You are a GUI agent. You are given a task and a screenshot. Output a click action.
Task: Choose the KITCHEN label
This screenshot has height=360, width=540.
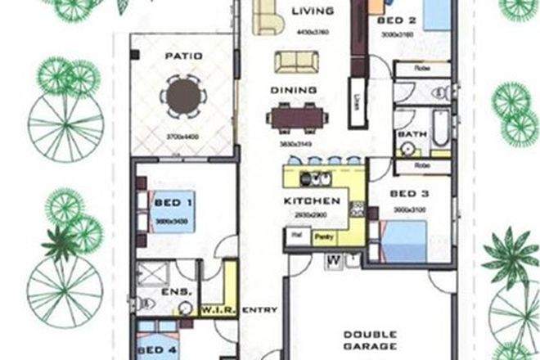(311, 200)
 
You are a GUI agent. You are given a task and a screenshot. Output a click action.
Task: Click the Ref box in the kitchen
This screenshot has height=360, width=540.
(295, 236)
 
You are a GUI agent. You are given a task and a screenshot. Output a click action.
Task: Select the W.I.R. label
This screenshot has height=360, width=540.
(218, 310)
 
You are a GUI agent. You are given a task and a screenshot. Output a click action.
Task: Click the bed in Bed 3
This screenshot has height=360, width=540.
(414, 236)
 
